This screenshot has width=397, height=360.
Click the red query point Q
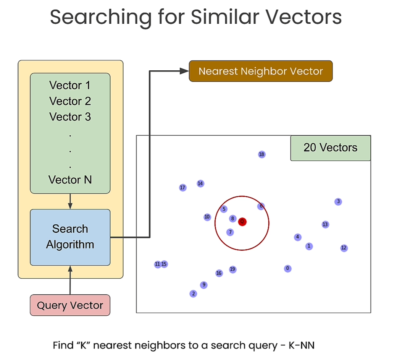[242, 222]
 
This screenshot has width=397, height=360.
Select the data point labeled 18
[261, 154]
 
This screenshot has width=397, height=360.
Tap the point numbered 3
[338, 201]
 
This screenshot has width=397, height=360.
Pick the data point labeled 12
[344, 248]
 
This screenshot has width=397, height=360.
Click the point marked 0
[288, 269]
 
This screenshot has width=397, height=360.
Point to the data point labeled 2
[193, 294]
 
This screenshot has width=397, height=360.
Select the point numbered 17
[183, 188]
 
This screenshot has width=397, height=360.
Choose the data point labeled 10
[207, 217]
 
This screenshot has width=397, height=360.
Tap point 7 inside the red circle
[230, 232]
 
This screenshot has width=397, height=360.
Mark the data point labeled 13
[325, 224]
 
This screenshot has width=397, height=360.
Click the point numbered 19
[232, 269]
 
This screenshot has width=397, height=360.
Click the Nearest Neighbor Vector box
[261, 71]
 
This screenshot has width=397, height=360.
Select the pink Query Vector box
[70, 305]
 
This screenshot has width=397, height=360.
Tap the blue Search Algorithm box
[70, 237]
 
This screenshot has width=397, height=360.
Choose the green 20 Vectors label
[330, 148]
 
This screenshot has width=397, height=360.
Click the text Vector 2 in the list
[70, 101]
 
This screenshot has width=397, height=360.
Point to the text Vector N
[70, 180]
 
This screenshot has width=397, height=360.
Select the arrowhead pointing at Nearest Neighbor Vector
[184, 71]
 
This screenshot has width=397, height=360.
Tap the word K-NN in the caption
[302, 345]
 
